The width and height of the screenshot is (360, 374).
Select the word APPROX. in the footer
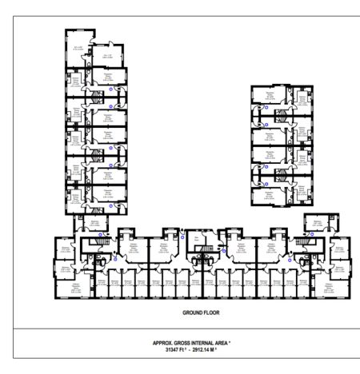163,343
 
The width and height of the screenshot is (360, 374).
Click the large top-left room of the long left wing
78,46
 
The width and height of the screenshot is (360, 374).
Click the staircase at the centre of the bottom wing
202,254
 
